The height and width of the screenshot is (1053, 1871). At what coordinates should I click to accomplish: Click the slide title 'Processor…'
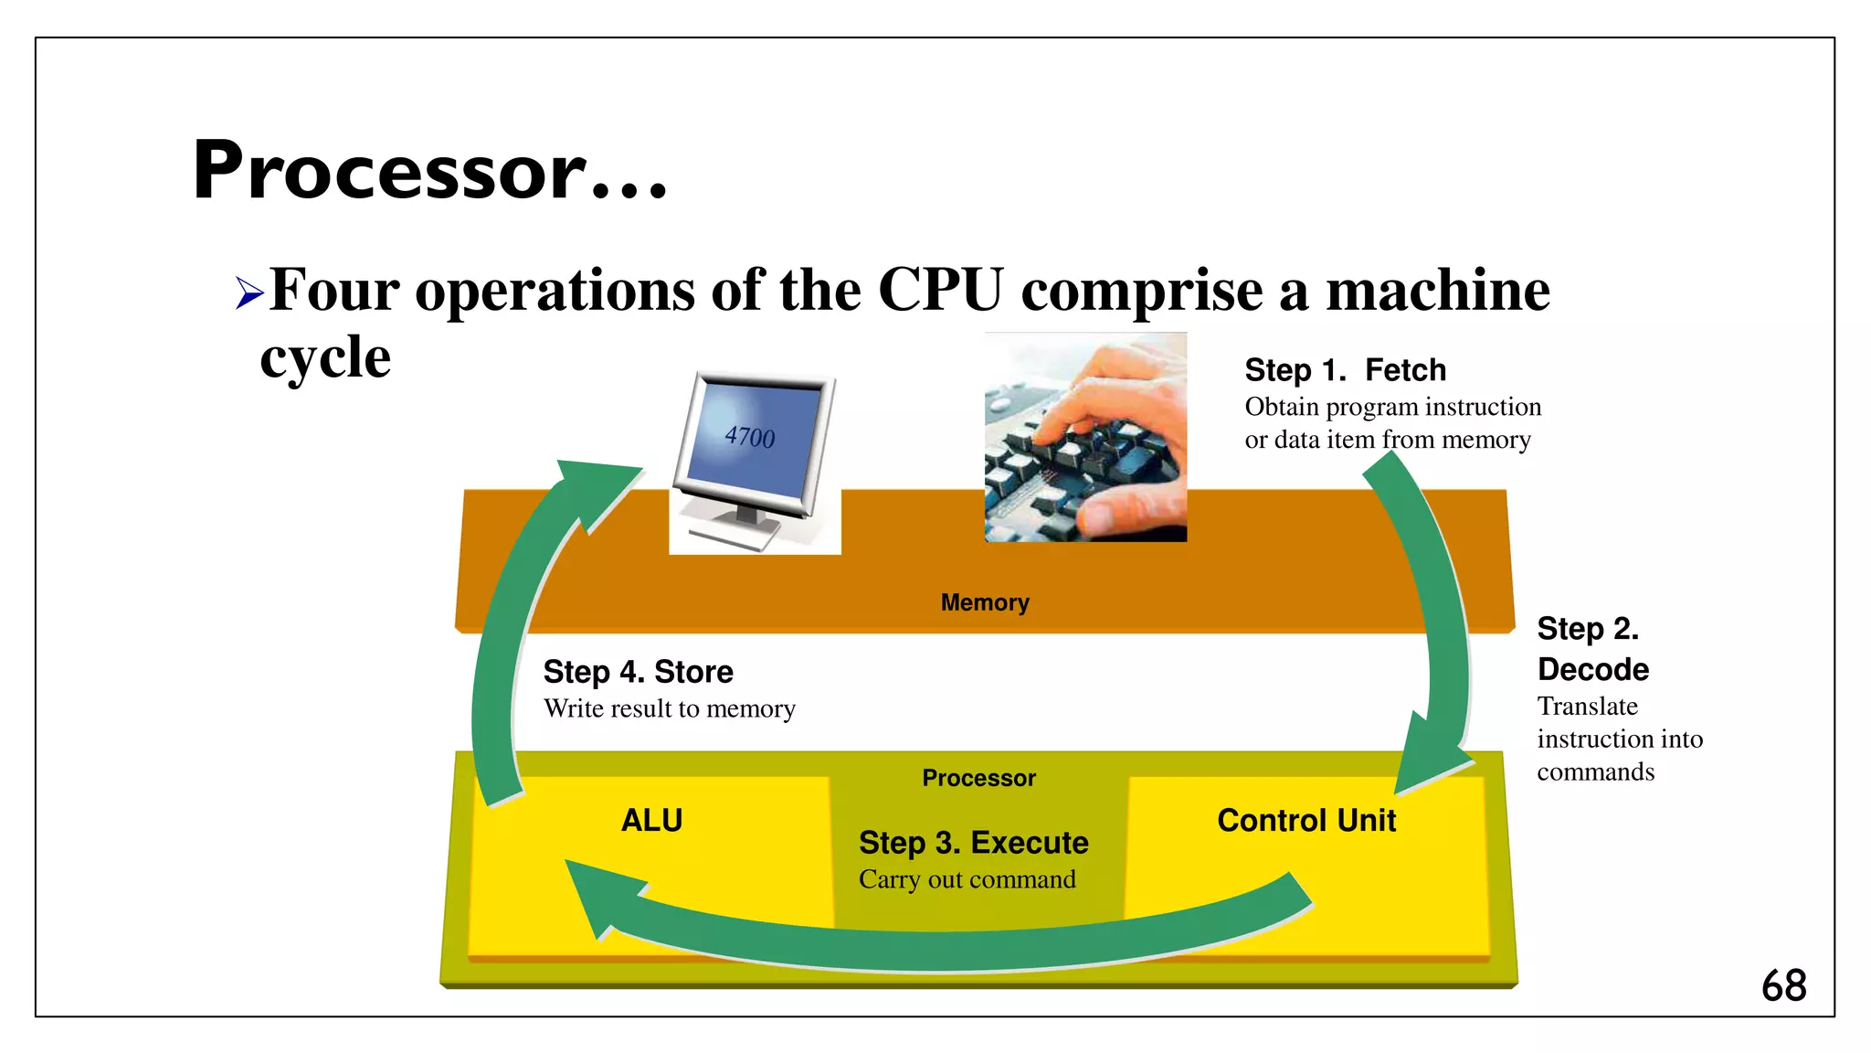(429, 171)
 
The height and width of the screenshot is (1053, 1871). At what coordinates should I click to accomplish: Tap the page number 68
(1783, 986)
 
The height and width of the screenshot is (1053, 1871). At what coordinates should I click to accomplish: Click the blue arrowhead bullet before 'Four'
(248, 293)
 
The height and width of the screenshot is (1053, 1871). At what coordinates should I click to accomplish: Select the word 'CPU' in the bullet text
(940, 291)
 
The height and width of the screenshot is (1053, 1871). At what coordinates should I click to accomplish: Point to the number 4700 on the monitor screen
(749, 437)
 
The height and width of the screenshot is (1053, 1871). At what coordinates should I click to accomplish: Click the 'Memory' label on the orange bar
(985, 602)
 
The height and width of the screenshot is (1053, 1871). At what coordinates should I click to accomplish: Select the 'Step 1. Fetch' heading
(1345, 370)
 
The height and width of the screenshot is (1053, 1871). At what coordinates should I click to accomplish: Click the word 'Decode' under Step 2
(1592, 670)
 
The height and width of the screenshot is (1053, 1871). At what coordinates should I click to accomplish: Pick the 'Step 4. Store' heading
(638, 672)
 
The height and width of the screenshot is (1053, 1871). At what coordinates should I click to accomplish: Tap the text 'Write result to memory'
(669, 709)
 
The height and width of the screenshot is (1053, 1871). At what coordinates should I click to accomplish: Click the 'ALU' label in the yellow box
(651, 821)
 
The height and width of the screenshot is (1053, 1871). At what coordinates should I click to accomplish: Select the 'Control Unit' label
(1305, 821)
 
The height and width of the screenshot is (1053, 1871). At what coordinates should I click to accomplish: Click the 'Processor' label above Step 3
(978, 778)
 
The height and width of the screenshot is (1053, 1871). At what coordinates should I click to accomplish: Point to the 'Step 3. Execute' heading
(973, 843)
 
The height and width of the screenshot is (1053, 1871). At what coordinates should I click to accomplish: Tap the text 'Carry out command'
(967, 879)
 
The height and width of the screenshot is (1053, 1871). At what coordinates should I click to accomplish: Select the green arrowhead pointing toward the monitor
(594, 484)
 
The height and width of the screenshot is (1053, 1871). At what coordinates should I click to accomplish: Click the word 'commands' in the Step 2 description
(1595, 772)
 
